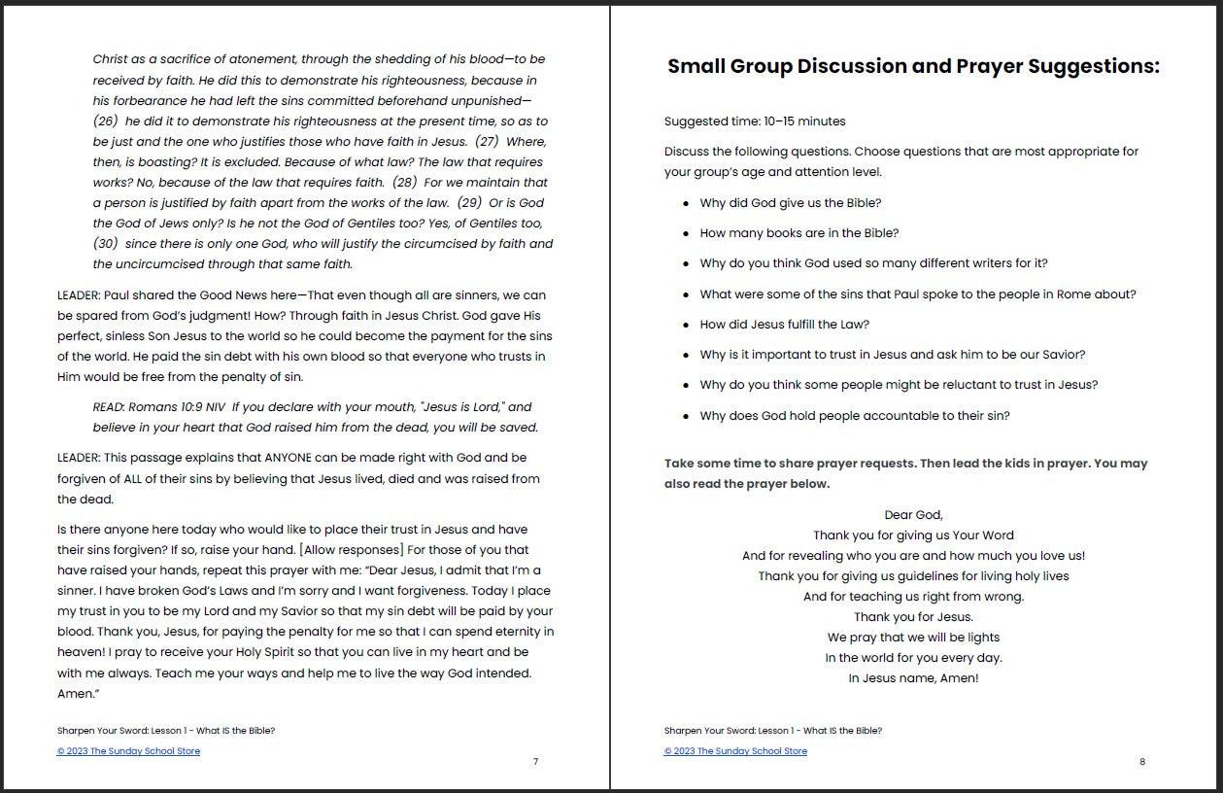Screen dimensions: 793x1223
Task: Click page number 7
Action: pyautogui.click(x=535, y=762)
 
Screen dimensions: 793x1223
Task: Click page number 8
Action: pyautogui.click(x=1142, y=762)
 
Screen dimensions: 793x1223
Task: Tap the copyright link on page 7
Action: pyautogui.click(x=128, y=751)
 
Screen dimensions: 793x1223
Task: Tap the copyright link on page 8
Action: pyautogui.click(x=735, y=751)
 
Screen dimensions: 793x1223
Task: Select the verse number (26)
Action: pyautogui.click(x=106, y=121)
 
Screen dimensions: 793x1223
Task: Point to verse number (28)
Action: pyautogui.click(x=405, y=183)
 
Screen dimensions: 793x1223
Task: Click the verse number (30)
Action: pyautogui.click(x=106, y=244)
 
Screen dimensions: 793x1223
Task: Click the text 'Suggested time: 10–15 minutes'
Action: pyautogui.click(x=755, y=121)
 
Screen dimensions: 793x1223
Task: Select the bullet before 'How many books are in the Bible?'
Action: pyautogui.click(x=687, y=234)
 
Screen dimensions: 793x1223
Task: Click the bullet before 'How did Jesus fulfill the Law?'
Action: pyautogui.click(x=687, y=326)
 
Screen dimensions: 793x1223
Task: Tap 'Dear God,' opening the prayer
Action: pyautogui.click(x=913, y=515)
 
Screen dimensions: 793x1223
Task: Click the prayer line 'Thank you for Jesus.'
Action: pyautogui.click(x=913, y=617)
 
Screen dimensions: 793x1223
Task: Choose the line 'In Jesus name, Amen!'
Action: pyautogui.click(x=913, y=678)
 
